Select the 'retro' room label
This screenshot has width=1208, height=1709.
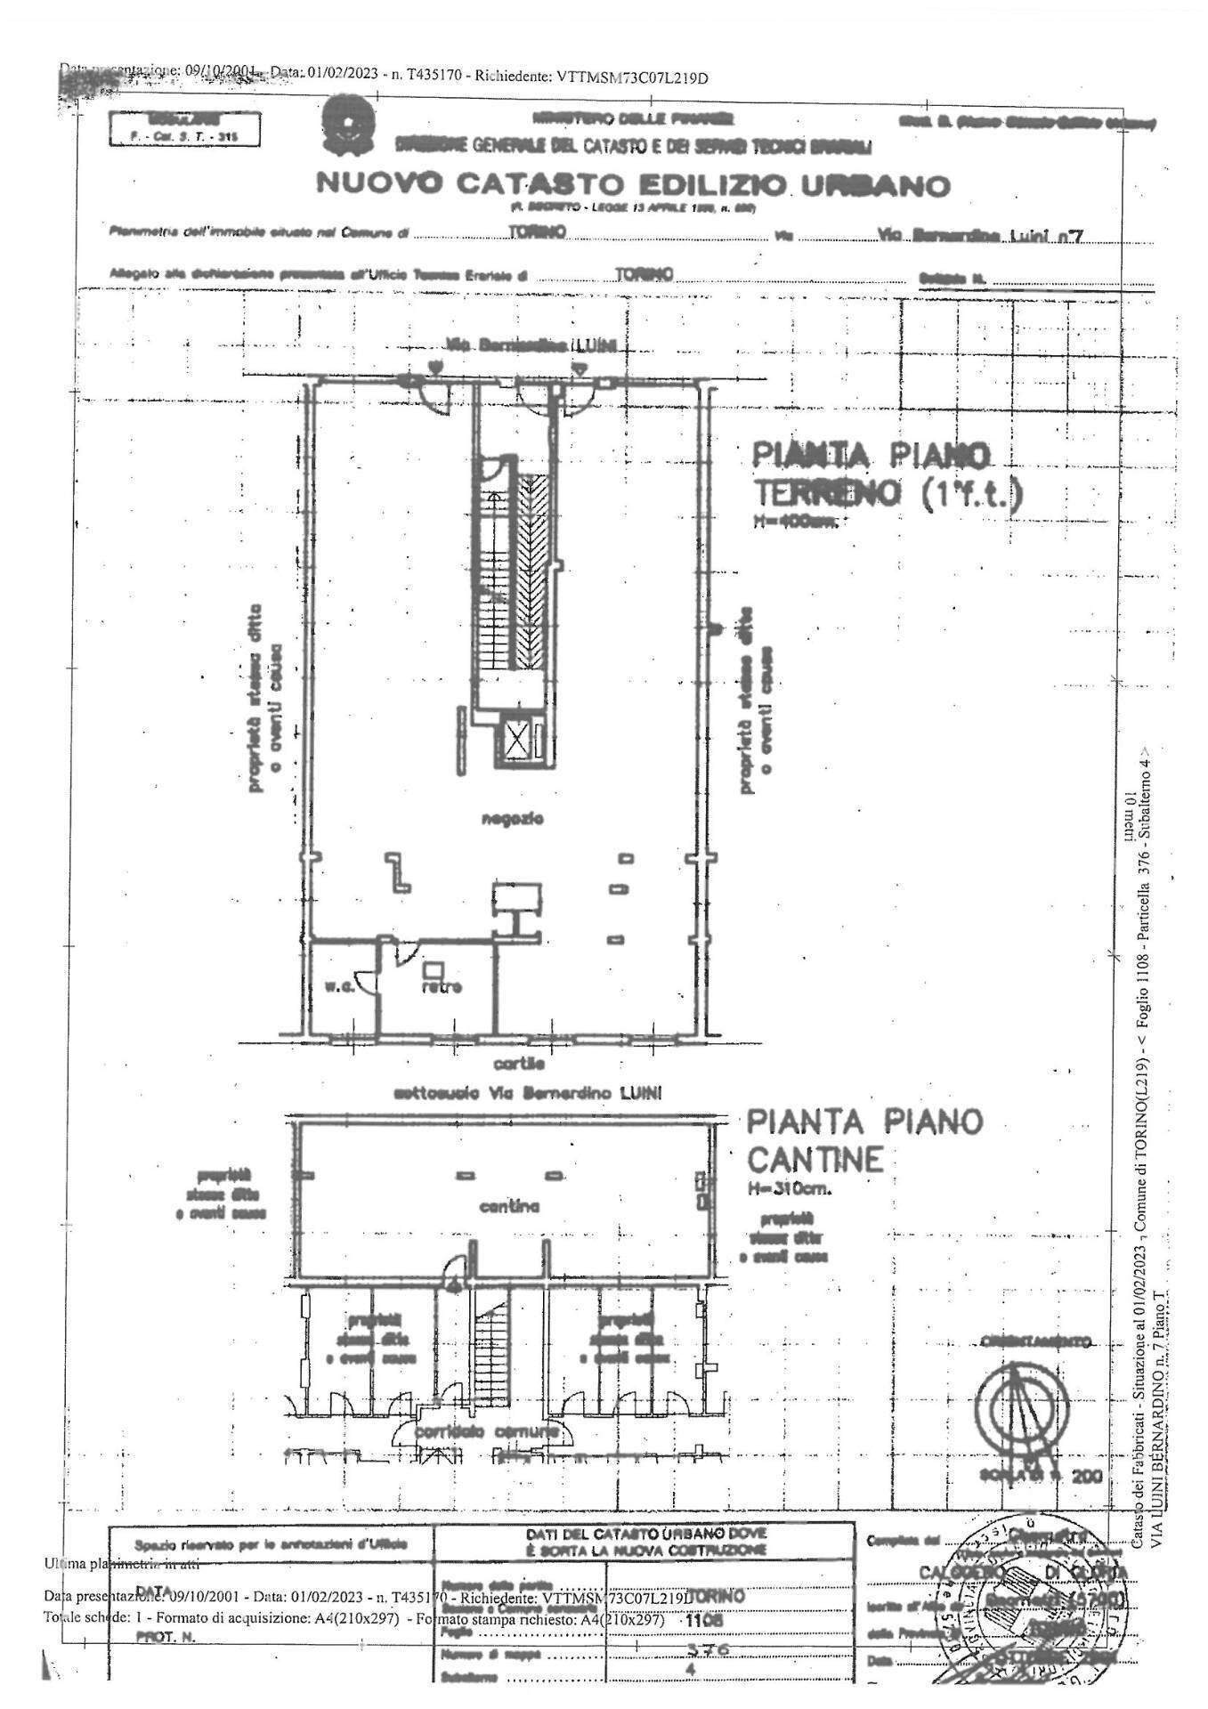point(442,987)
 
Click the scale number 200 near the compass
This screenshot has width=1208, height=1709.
point(1086,1475)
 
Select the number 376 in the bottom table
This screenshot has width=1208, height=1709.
point(709,1648)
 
